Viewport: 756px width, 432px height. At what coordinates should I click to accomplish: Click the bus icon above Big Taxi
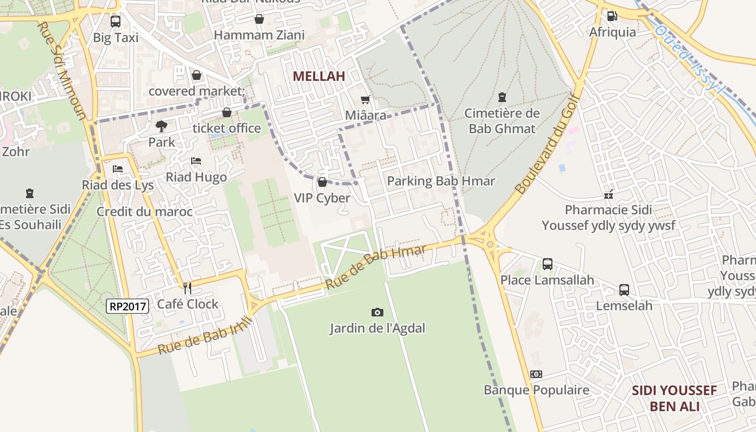click(x=116, y=22)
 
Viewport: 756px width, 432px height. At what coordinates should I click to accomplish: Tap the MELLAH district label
click(x=319, y=76)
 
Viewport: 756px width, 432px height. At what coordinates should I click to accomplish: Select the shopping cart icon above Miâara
click(x=366, y=99)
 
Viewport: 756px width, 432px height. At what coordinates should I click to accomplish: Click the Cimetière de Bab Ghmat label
click(x=502, y=121)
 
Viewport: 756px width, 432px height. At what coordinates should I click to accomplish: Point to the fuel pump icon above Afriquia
click(x=612, y=16)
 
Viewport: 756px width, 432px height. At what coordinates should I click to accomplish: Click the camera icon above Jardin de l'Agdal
click(x=377, y=312)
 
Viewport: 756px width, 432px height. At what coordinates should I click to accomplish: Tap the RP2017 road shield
click(x=127, y=306)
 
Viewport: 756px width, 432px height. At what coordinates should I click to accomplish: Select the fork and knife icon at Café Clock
click(x=187, y=288)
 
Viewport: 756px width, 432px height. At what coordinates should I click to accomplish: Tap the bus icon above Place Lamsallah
click(x=547, y=264)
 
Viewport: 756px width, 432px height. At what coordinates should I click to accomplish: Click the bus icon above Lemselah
click(x=624, y=290)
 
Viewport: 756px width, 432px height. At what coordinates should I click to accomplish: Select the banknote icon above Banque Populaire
click(x=536, y=374)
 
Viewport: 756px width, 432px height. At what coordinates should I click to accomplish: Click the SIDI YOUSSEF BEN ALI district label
click(x=674, y=398)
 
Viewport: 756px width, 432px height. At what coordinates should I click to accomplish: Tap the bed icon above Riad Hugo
click(x=196, y=161)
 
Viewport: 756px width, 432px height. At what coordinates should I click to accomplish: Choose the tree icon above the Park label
click(x=161, y=126)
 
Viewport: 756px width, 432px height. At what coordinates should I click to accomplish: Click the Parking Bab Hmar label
click(x=441, y=181)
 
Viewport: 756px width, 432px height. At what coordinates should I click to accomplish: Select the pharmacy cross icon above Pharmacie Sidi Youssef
click(x=609, y=194)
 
